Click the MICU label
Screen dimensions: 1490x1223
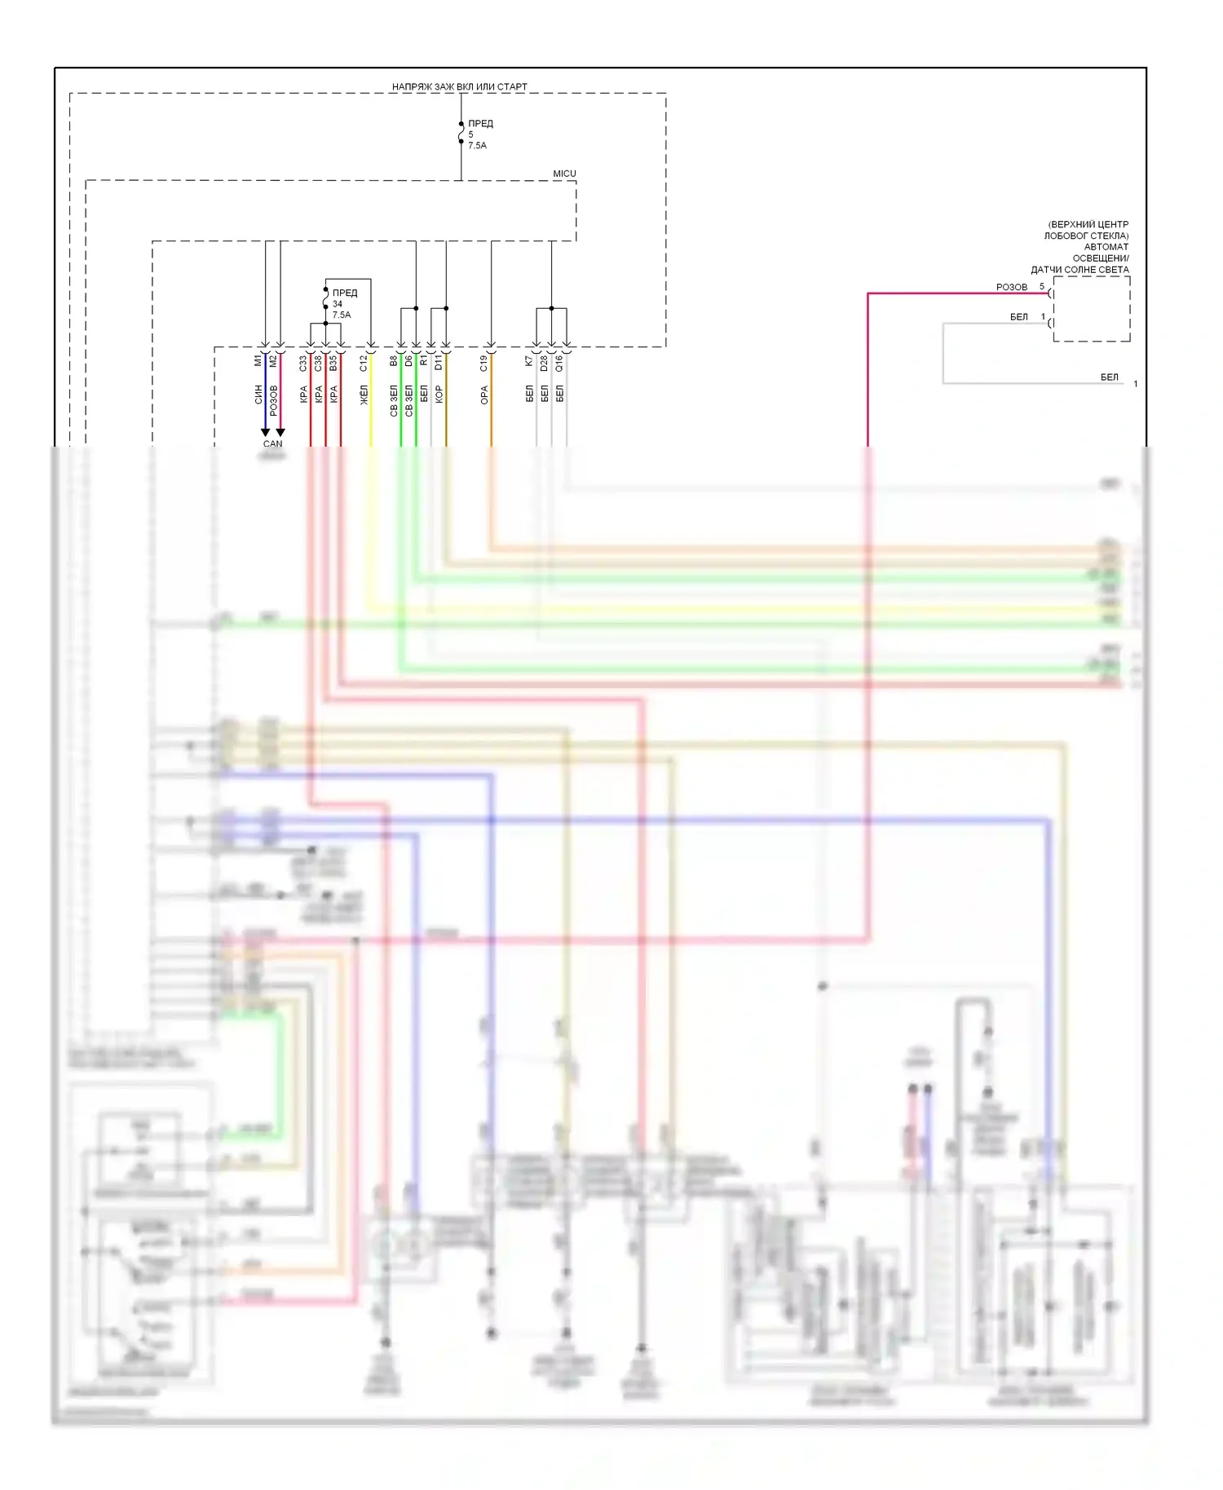(x=564, y=174)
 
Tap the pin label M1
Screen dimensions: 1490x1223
(x=258, y=360)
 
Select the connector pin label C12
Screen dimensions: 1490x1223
(x=364, y=364)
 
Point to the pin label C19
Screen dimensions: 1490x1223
(x=483, y=364)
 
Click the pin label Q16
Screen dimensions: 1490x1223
(x=559, y=364)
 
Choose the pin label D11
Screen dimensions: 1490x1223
(x=439, y=363)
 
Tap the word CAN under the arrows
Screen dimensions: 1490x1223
(x=272, y=444)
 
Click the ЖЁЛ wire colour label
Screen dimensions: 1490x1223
(x=364, y=395)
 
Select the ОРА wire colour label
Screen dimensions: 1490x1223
(x=483, y=395)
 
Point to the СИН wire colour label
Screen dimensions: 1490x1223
(x=258, y=395)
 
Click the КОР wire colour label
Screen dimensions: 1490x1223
(x=439, y=395)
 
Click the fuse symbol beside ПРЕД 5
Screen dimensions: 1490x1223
(x=461, y=133)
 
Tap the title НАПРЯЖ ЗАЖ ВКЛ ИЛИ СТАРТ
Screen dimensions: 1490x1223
(x=459, y=86)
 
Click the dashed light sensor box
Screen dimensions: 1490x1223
(x=1092, y=309)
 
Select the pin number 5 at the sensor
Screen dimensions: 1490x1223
(x=1042, y=287)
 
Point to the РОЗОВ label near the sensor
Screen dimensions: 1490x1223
(x=1012, y=288)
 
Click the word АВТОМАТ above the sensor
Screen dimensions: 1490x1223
(x=1106, y=247)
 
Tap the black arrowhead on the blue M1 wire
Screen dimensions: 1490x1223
(x=265, y=432)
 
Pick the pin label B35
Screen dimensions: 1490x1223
(x=333, y=364)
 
